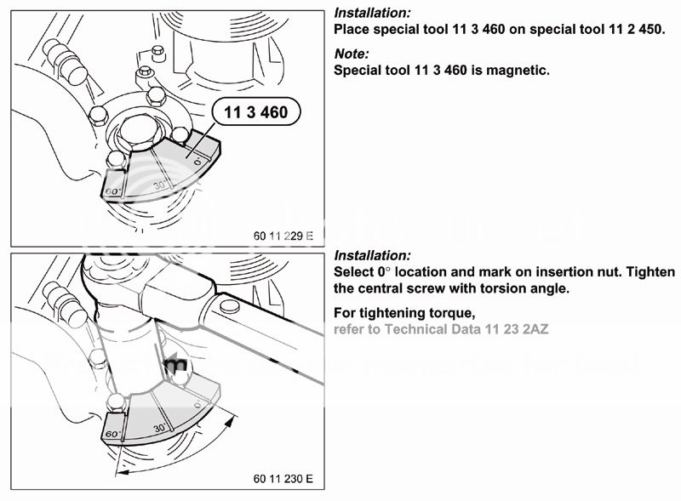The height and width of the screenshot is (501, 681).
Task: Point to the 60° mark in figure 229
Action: coord(112,191)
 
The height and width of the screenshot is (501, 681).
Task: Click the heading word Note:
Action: coord(351,54)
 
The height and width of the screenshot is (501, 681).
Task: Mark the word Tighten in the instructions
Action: coord(652,272)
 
